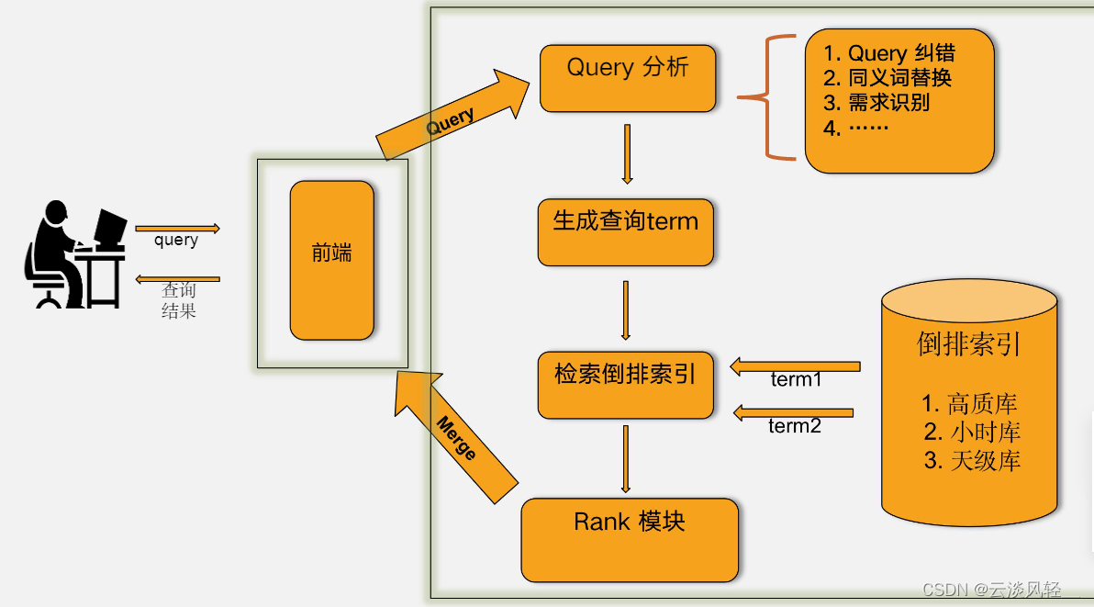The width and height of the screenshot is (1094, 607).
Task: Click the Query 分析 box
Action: click(628, 79)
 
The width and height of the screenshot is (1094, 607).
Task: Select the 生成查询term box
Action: click(626, 232)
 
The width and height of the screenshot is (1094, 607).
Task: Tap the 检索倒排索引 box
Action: click(625, 384)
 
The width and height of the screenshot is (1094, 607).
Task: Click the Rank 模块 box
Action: click(630, 540)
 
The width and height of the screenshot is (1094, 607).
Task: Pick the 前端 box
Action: click(331, 260)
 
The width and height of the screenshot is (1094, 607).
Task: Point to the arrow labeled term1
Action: click(795, 367)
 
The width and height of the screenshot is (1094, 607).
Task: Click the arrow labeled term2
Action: click(794, 413)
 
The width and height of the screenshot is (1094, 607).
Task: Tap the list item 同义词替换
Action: click(888, 77)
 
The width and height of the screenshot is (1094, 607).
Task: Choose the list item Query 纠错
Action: click(889, 53)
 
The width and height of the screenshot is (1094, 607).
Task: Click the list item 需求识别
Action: click(877, 102)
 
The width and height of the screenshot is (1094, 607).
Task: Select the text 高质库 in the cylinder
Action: click(971, 403)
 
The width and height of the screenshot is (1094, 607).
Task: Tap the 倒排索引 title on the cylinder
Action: click(969, 343)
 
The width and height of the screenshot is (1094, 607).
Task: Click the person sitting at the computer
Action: click(75, 254)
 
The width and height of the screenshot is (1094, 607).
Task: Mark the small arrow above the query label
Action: click(177, 228)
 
